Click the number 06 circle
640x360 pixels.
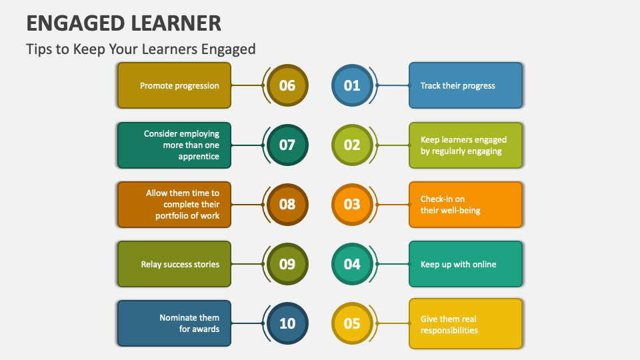click(x=287, y=85)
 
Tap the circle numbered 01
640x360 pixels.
click(x=351, y=85)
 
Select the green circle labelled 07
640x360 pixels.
click(x=287, y=145)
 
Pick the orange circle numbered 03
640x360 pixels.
click(x=351, y=205)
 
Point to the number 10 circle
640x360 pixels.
click(x=287, y=323)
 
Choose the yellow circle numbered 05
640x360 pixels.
click(x=351, y=323)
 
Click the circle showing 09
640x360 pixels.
click(x=287, y=264)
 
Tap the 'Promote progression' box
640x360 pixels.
click(x=174, y=85)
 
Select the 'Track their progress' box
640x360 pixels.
click(x=465, y=85)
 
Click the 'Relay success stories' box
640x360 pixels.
click(x=174, y=264)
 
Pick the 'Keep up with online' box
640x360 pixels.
click(x=465, y=264)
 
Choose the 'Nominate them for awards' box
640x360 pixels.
click(x=174, y=323)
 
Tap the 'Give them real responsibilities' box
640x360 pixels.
click(x=465, y=323)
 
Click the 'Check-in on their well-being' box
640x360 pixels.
click(x=465, y=205)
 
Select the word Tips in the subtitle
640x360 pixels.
click(x=38, y=49)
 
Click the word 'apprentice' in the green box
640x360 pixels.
click(x=199, y=157)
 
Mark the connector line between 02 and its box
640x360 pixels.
click(x=393, y=145)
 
